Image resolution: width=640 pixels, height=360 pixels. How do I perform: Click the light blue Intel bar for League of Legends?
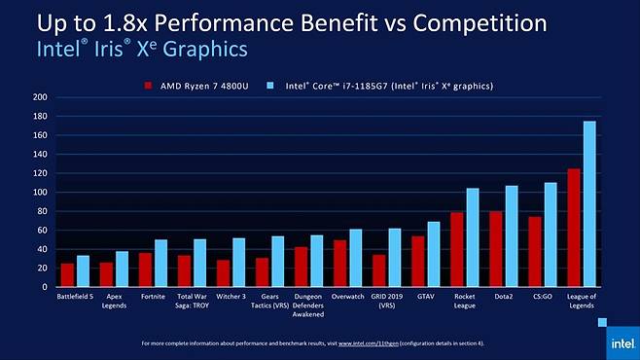pos(589,204)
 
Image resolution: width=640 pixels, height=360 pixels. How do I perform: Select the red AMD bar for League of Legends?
pos(574,228)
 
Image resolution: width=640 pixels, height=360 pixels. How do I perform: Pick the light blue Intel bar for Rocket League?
pos(473,237)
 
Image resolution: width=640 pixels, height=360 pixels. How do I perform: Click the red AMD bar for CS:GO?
pos(535,252)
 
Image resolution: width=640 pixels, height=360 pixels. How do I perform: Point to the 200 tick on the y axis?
pos(40,97)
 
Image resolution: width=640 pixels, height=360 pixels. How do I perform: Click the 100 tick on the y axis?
pos(40,193)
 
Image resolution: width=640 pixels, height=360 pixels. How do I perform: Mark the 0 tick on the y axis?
pos(44,288)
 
